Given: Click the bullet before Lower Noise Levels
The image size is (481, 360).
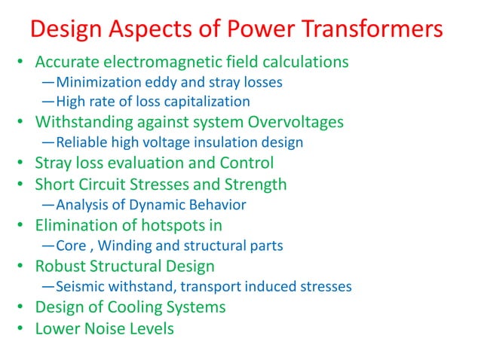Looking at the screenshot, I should tap(23, 328).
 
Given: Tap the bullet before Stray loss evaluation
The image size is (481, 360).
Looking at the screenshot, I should tap(23, 163).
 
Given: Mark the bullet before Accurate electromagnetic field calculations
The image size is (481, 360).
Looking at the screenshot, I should tap(23, 62).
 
